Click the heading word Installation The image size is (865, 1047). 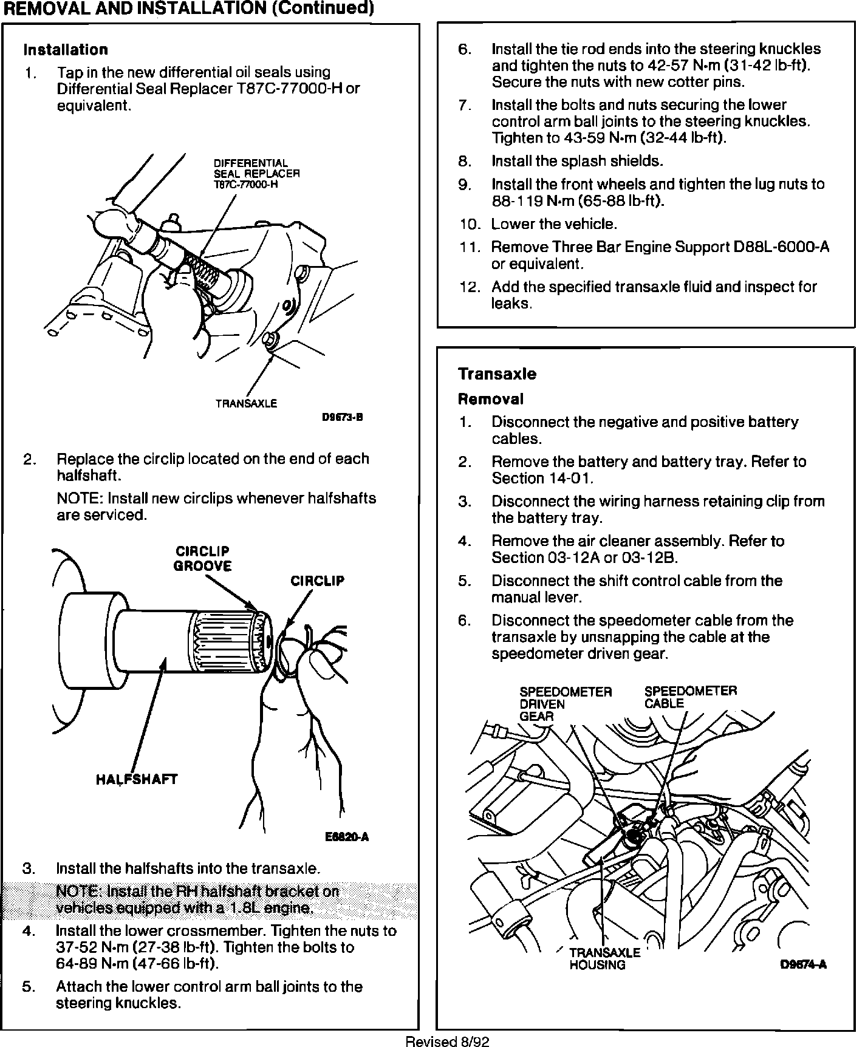pos(66,50)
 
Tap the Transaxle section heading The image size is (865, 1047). pos(497,374)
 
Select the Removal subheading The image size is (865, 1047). pos(490,400)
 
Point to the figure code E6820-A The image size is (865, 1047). pos(347,837)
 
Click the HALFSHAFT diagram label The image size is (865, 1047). pos(137,779)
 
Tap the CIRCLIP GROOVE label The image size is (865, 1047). pos(202,559)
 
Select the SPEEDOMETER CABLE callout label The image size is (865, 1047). pos(690,697)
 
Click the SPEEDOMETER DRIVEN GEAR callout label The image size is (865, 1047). pos(565,704)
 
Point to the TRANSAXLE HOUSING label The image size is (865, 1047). pos(604,958)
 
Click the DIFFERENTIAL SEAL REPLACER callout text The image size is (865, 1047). pos(256,174)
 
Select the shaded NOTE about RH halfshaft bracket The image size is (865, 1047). pos(197,899)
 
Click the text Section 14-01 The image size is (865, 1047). pos(542,479)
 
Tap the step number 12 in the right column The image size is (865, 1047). pos(469,287)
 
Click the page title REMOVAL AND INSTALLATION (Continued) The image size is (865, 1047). pos(188,9)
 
